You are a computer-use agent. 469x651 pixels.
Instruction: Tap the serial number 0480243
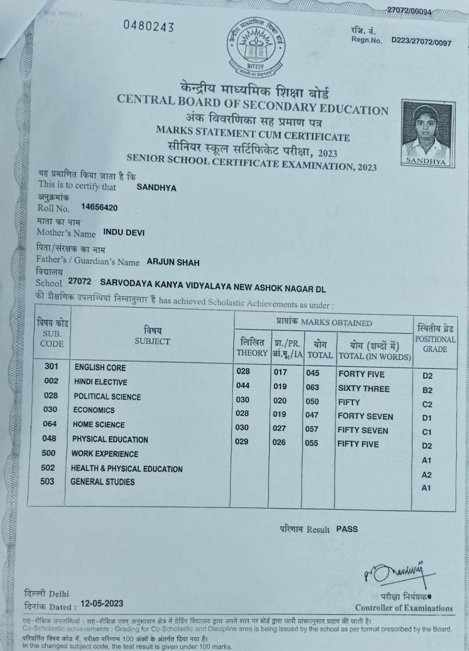pos(149,27)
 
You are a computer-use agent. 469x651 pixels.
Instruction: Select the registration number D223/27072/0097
pos(421,42)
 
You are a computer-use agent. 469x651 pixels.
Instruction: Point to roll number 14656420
pos(99,208)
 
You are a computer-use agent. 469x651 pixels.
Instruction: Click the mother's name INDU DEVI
pos(124,233)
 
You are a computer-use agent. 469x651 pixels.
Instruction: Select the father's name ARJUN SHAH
pos(173,262)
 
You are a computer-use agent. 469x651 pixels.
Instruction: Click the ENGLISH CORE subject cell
pos(100,367)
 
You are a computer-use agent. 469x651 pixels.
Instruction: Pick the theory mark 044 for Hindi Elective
pos(243,385)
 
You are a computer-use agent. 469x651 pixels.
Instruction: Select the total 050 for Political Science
pos(312,401)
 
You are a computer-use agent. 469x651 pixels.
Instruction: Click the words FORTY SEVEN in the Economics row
pos(365,416)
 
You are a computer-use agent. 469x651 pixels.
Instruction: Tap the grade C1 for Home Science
pos(427,432)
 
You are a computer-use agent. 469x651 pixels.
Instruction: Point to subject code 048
pos(49,438)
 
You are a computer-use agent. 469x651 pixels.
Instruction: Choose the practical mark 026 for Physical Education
pos(279,442)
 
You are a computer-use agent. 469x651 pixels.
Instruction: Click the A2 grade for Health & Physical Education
pos(427,475)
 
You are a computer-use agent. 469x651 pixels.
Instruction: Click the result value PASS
pos(347,529)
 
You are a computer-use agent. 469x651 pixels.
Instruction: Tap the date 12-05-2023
pos(102,603)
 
